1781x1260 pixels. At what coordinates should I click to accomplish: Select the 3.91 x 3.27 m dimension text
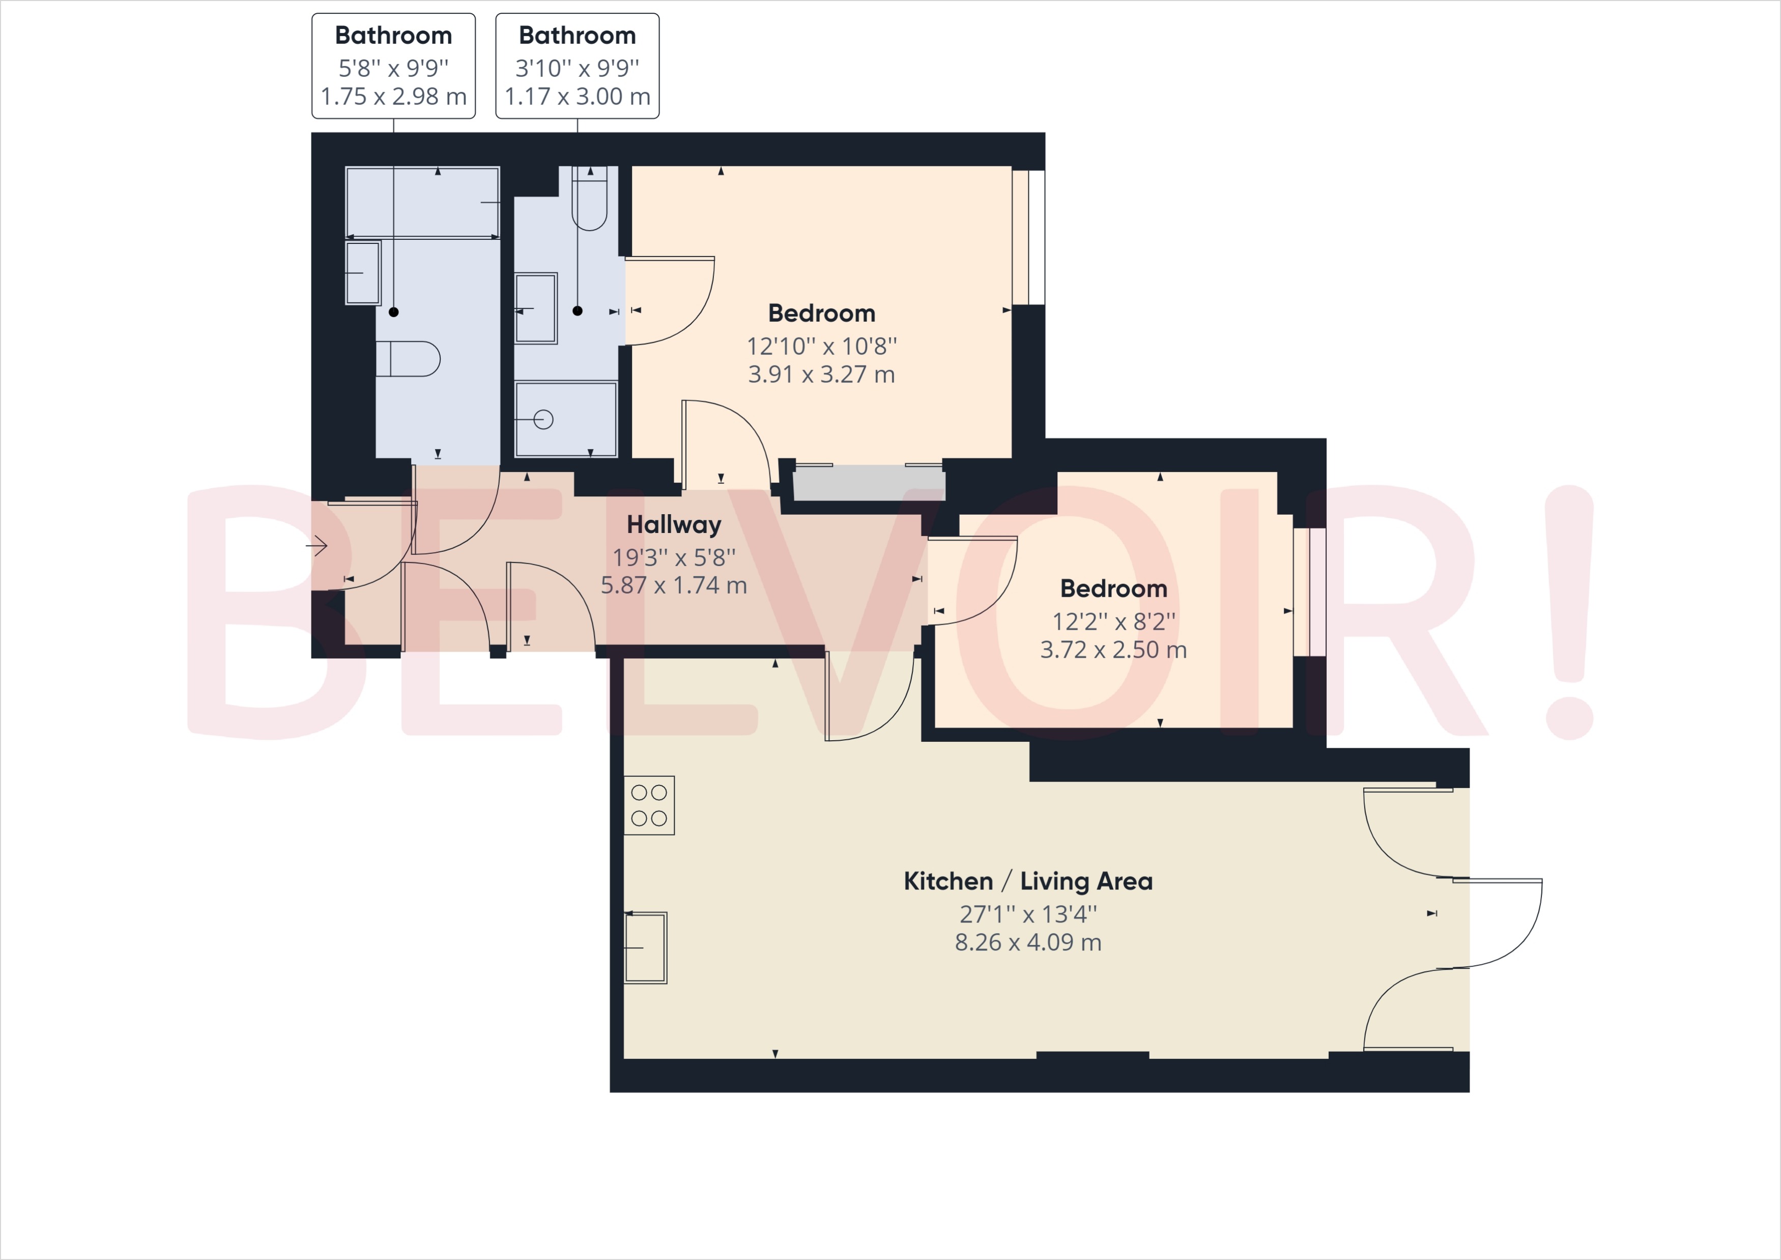click(821, 375)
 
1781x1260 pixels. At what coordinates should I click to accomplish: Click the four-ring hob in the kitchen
click(649, 805)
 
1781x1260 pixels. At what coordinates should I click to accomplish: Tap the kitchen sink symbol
click(645, 947)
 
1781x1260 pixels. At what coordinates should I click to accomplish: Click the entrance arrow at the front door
click(317, 546)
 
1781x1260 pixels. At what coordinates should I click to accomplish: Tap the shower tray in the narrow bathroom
click(565, 419)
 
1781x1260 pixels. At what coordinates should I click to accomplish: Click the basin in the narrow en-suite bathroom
click(536, 308)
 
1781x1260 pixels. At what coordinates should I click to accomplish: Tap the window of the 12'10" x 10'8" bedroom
click(1028, 237)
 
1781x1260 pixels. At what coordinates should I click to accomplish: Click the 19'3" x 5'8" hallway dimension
click(673, 557)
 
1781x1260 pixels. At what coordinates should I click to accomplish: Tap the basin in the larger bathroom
click(363, 273)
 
